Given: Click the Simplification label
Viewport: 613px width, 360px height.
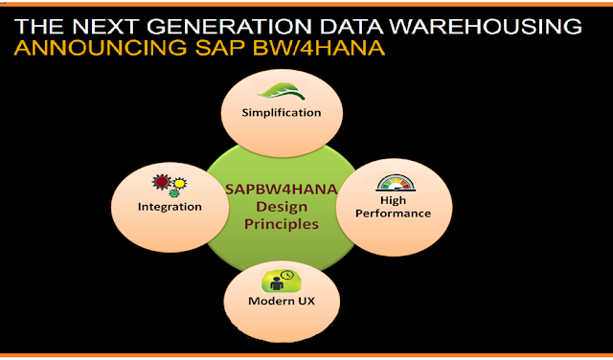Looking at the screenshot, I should (282, 114).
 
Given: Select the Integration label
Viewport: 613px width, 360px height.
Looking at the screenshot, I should (170, 207).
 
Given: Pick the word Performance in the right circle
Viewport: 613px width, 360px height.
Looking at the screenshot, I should (395, 214).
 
